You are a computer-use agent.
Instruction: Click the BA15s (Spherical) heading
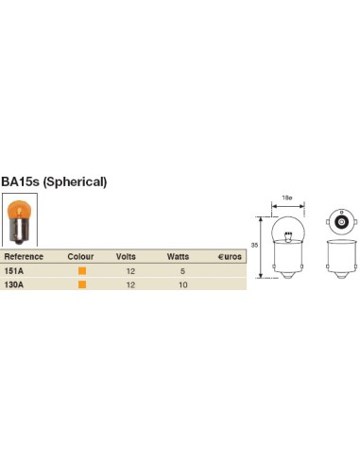click(x=54, y=181)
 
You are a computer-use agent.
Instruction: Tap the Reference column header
click(x=24, y=256)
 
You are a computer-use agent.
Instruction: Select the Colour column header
click(x=80, y=256)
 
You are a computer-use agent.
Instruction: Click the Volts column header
click(x=126, y=256)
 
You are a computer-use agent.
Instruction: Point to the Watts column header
click(x=178, y=256)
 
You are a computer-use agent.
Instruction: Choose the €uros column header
click(x=230, y=256)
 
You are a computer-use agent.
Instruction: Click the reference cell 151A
click(x=14, y=271)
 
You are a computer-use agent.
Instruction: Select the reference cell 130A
click(x=14, y=284)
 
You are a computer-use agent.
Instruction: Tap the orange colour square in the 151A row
click(x=82, y=270)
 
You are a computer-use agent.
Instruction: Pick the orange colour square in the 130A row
click(x=82, y=284)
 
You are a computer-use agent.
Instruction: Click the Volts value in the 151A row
click(x=130, y=271)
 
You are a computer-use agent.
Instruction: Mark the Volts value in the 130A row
click(x=130, y=285)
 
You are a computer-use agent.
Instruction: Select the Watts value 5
click(x=182, y=271)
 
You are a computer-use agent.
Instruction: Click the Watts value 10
click(x=182, y=285)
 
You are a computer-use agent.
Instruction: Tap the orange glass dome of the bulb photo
click(x=19, y=209)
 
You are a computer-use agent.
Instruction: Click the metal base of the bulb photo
click(x=19, y=232)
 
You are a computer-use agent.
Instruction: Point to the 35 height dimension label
click(x=254, y=245)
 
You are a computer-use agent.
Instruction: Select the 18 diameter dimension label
click(x=287, y=198)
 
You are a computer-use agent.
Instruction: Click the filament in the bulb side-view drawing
click(x=287, y=234)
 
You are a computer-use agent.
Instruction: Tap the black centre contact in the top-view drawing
click(x=342, y=222)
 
